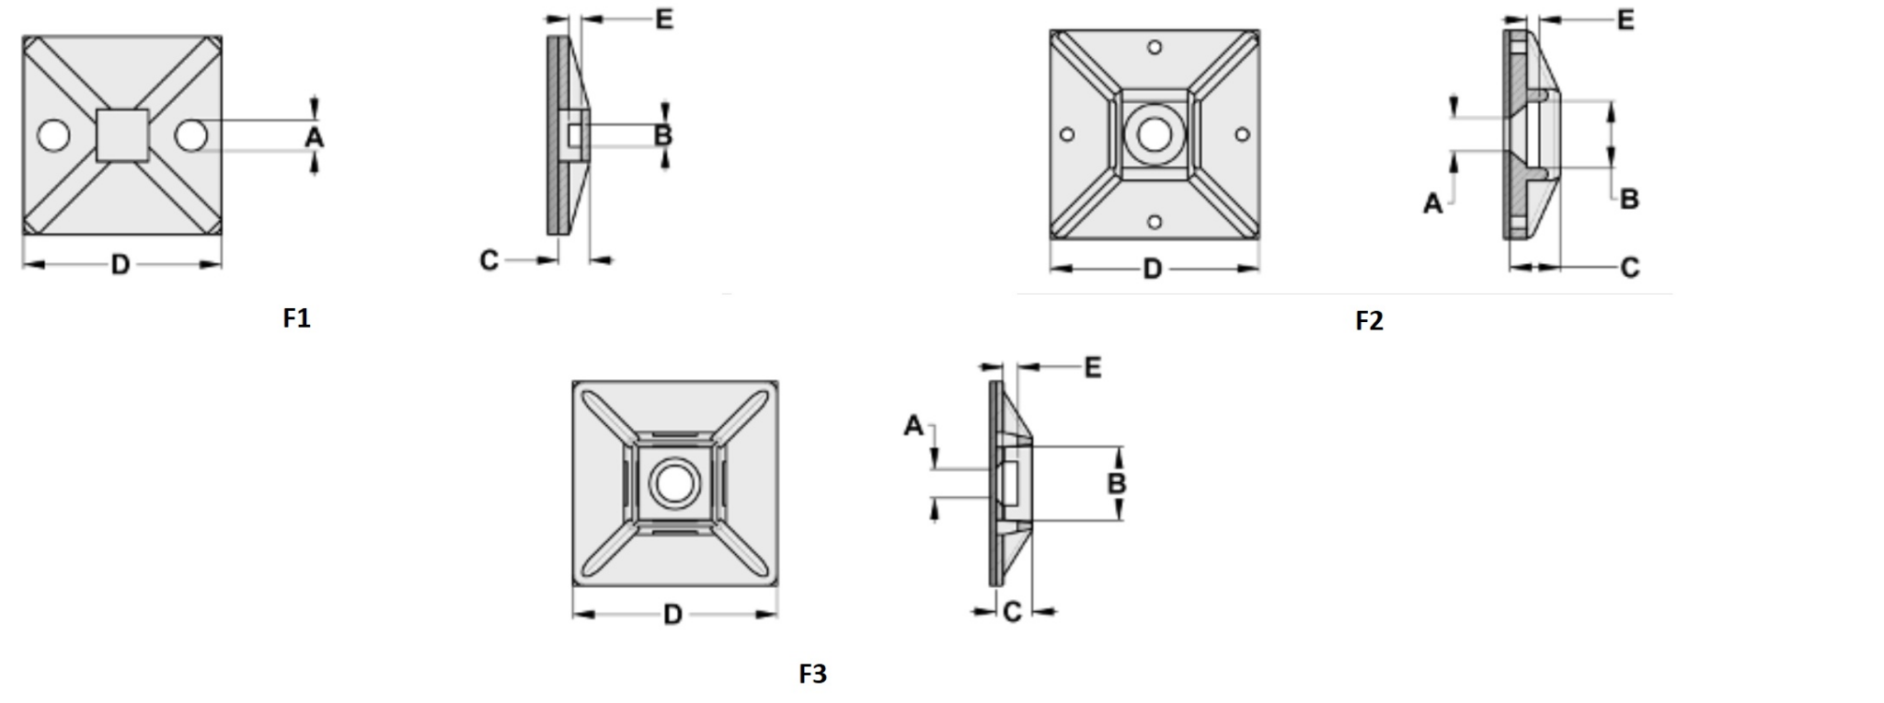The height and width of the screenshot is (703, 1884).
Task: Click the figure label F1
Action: click(x=296, y=318)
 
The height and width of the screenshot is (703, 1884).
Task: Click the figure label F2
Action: click(x=1369, y=321)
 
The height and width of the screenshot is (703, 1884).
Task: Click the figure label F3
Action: click(x=812, y=674)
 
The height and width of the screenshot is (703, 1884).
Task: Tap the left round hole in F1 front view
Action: click(x=53, y=136)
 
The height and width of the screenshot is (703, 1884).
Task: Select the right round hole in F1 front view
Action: click(x=191, y=136)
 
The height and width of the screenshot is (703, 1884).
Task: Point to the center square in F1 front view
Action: click(x=122, y=135)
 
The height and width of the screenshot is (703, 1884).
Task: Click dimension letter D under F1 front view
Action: click(x=121, y=265)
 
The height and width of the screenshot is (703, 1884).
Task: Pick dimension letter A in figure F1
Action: click(x=315, y=137)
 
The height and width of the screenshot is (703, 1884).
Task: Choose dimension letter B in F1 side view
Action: click(x=663, y=135)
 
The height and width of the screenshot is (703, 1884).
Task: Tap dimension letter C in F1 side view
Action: click(x=488, y=261)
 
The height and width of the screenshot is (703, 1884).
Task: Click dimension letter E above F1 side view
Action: click(x=664, y=19)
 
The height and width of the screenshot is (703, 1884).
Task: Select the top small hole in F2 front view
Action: click(x=1155, y=47)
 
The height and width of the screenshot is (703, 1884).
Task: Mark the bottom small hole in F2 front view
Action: click(x=1155, y=222)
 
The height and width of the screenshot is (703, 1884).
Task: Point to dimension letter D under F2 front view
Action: click(x=1153, y=269)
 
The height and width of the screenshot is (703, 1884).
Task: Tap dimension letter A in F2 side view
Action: click(x=1432, y=203)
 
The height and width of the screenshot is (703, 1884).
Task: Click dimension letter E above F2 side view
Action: click(x=1626, y=20)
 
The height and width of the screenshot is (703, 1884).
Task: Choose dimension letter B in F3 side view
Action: click(x=1117, y=483)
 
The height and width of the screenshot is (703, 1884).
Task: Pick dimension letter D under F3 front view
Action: click(x=672, y=615)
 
